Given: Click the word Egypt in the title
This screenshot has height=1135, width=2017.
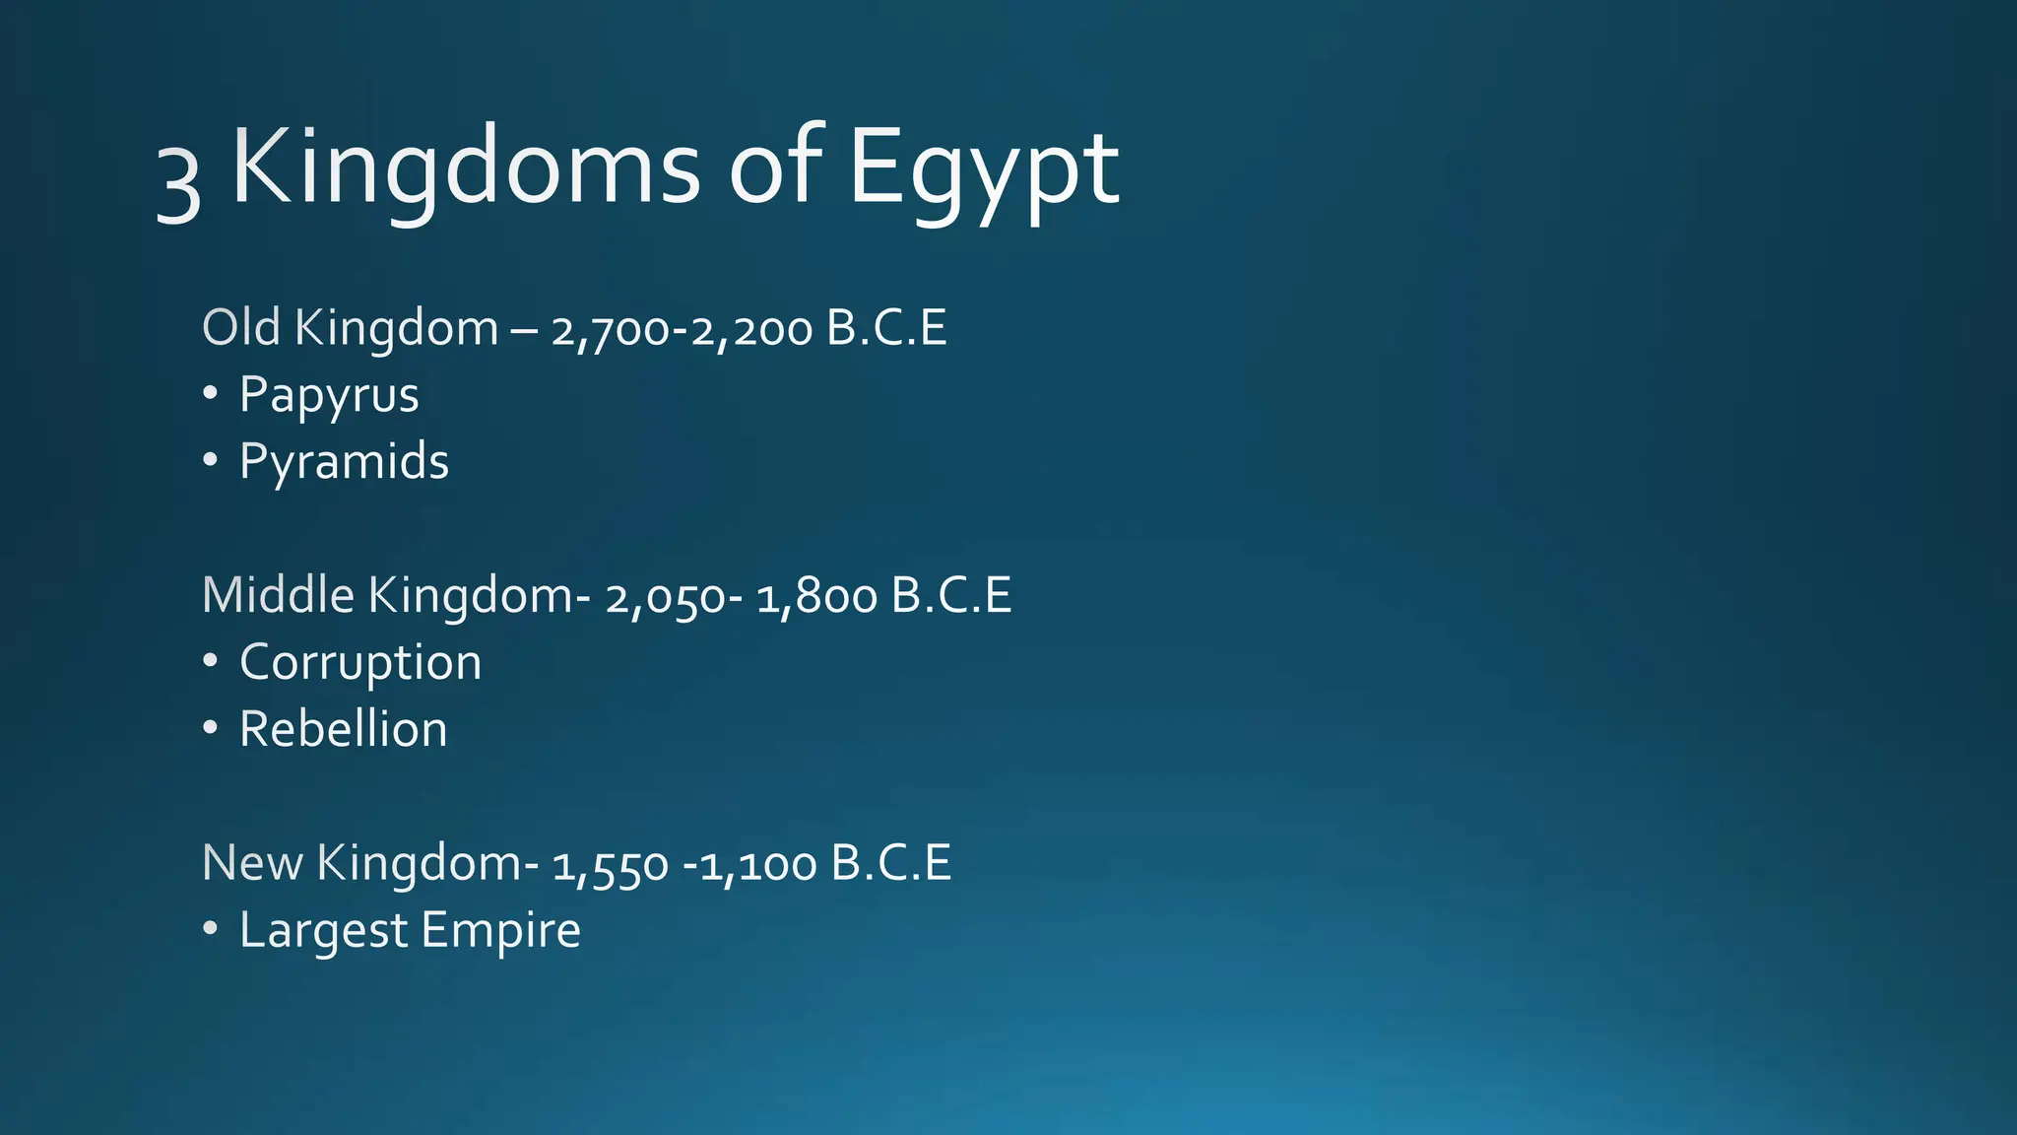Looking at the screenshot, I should (x=983, y=170).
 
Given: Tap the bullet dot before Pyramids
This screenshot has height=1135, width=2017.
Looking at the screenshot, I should (x=210, y=460).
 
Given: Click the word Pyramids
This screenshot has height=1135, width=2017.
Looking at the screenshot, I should (x=344, y=462).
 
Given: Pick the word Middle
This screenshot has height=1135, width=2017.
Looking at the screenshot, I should (x=278, y=595).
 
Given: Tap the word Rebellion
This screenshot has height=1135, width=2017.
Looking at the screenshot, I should (x=343, y=730).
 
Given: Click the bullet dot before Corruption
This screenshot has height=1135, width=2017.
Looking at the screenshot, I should (x=210, y=661).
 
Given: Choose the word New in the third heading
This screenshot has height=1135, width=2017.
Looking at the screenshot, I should (x=251, y=863).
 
